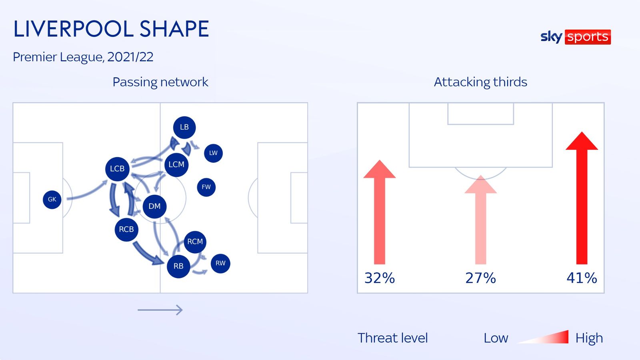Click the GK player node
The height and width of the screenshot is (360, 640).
(x=52, y=199)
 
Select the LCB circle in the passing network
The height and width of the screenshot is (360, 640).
(x=117, y=169)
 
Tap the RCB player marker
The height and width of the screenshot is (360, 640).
(x=126, y=229)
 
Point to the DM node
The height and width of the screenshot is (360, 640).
(x=154, y=206)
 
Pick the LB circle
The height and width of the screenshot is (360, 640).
(x=184, y=127)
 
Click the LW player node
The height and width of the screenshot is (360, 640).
(x=213, y=153)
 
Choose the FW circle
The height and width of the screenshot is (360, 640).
(x=206, y=187)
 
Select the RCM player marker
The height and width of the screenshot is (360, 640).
(x=195, y=242)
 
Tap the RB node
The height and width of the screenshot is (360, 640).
(x=178, y=266)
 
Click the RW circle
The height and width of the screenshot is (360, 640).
(x=220, y=263)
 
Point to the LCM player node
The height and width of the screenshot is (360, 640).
(x=176, y=164)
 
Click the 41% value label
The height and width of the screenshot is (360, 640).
(x=582, y=278)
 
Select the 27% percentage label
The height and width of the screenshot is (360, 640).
(x=480, y=278)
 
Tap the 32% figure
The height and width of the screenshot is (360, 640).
(x=380, y=278)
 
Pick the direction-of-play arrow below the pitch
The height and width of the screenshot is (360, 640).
(x=160, y=310)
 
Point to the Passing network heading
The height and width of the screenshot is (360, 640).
(x=160, y=82)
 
